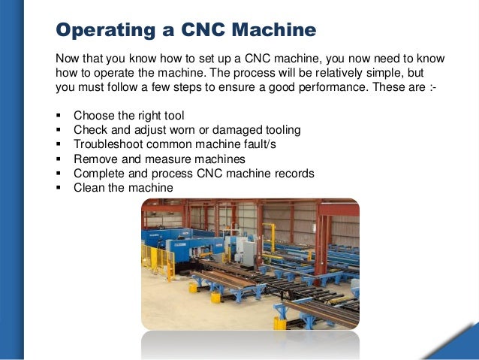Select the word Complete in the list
(x=98, y=174)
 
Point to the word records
(x=293, y=174)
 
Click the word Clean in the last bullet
(x=88, y=188)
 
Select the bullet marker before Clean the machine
(x=59, y=189)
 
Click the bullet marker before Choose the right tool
(x=59, y=116)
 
